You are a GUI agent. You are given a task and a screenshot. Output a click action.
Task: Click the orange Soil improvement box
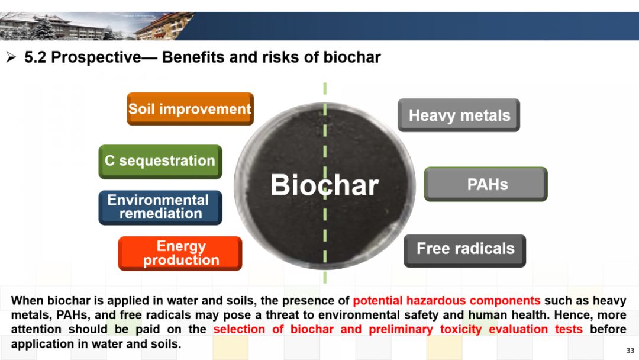click(x=191, y=109)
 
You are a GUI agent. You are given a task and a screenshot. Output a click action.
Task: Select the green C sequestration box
click(x=160, y=162)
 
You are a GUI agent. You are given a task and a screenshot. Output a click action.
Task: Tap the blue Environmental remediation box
click(x=160, y=207)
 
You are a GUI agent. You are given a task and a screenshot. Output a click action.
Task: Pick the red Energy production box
click(x=180, y=253)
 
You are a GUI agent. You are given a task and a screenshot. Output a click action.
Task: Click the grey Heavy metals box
click(x=459, y=115)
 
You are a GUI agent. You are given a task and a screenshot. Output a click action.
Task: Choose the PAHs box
click(x=486, y=184)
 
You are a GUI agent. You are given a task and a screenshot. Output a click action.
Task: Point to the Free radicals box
click(x=465, y=250)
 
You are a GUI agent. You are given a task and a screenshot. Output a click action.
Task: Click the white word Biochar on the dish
click(x=325, y=185)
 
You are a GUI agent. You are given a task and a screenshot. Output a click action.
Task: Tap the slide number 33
click(x=630, y=350)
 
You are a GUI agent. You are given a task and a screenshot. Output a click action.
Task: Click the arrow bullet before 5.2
click(x=11, y=57)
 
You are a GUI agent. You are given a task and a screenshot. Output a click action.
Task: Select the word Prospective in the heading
click(x=96, y=57)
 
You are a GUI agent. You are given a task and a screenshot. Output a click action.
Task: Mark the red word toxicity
click(x=461, y=329)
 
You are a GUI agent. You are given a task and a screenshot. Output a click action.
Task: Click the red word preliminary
click(x=401, y=329)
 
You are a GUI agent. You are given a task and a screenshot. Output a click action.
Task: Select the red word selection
click(x=239, y=329)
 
